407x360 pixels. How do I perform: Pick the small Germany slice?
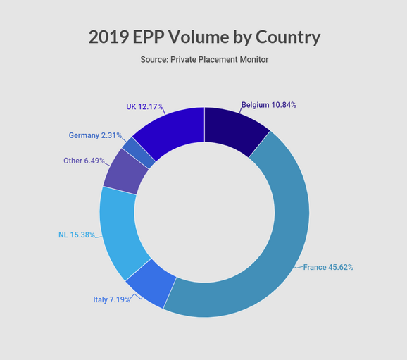coord(138,153)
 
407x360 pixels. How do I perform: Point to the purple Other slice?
coord(127,172)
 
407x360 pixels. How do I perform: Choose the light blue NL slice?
coord(120,231)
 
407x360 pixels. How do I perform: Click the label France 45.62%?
coord(328,267)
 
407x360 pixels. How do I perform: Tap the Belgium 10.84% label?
coord(269,105)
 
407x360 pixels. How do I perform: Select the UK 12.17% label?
coord(144,107)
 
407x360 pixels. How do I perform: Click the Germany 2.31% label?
coord(95,135)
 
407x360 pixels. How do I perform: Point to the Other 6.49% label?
coord(84,161)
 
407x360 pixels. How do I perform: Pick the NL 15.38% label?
coord(77,235)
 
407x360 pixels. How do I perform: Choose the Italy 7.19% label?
coord(111,299)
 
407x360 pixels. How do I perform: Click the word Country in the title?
coord(288,37)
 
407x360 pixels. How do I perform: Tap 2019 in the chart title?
coord(108,37)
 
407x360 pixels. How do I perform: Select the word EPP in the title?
coord(149,37)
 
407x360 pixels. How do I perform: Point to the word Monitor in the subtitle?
coord(254,59)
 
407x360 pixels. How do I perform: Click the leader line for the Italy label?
coord(136,297)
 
